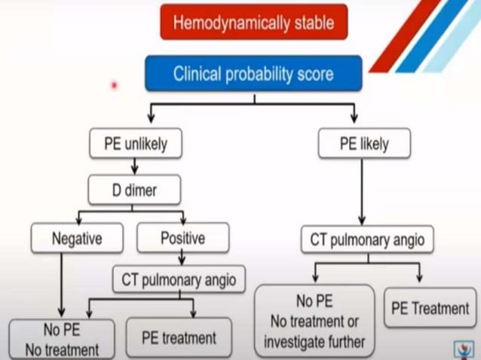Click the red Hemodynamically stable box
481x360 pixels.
pos(253,22)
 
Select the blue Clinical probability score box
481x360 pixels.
pos(253,74)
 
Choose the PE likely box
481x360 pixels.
pos(364,143)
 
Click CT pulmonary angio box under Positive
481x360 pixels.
pos(179,280)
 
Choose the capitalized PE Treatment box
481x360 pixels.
pos(430,308)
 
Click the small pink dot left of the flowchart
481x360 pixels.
pos(115,85)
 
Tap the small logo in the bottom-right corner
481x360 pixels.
pos(464,348)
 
